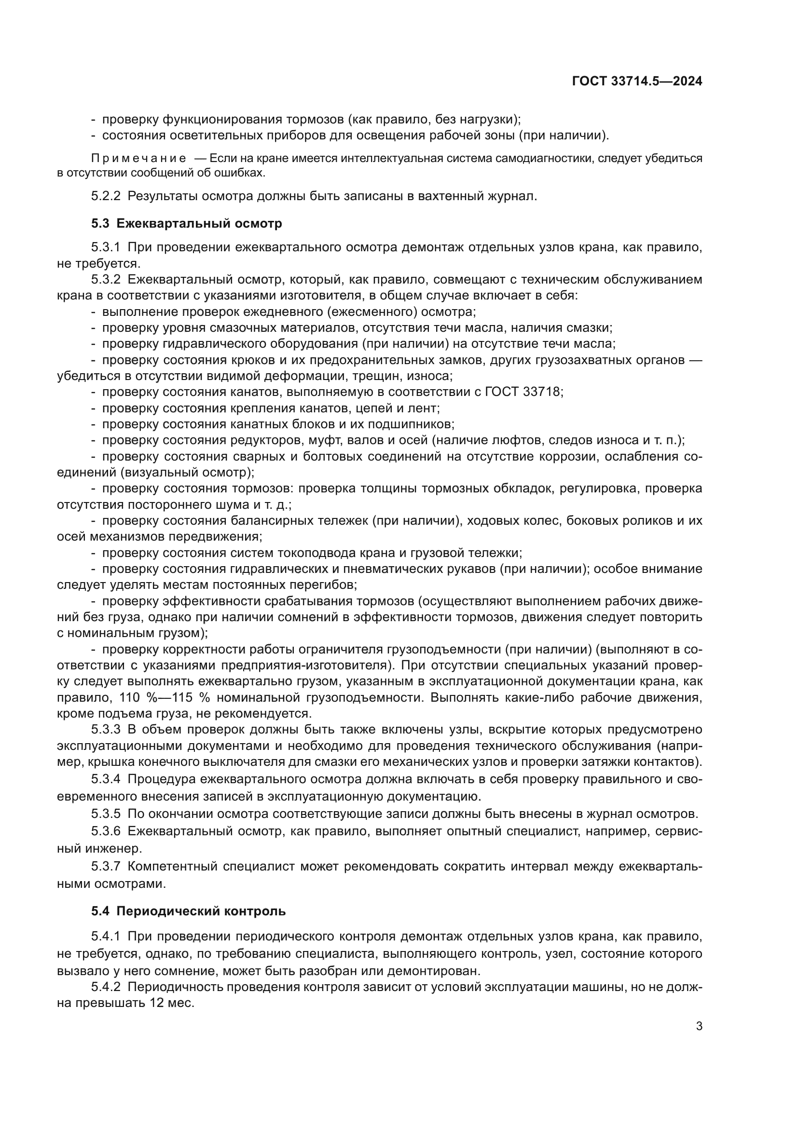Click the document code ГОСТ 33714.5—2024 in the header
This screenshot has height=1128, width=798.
pos(637,82)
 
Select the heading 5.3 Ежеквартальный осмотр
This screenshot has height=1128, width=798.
pos(186,224)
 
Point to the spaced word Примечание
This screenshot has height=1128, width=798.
pos(138,158)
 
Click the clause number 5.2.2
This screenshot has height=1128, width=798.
pos(105,196)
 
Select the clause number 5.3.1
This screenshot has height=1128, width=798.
pos(105,247)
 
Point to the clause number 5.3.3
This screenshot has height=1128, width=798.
pos(105,730)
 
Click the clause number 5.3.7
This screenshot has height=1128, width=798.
pos(105,866)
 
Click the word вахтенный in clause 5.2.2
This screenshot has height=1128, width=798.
pos(449,196)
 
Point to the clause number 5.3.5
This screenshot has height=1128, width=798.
pos(105,814)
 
